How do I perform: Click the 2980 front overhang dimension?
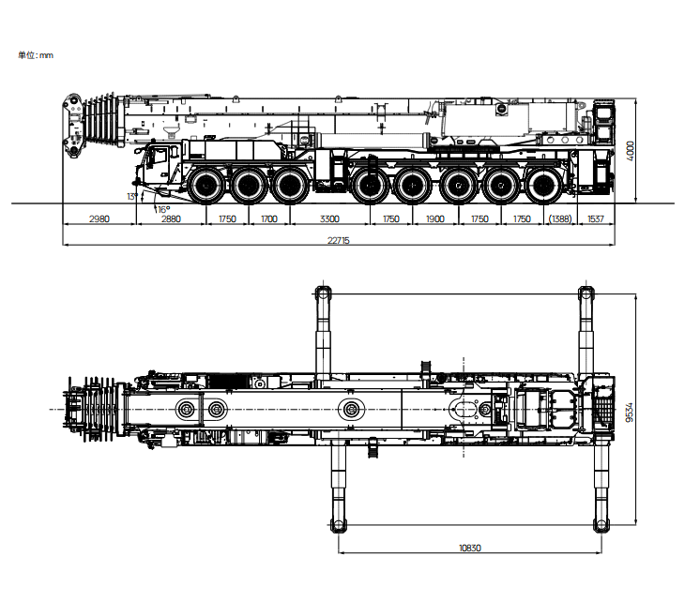pos(99,218)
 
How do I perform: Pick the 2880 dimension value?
pos(171,218)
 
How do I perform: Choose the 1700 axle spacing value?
pos(269,218)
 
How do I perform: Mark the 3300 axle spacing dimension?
pos(329,218)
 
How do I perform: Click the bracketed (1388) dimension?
pos(560,218)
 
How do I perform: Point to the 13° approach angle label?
pos(131,196)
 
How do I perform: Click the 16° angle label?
pos(162,209)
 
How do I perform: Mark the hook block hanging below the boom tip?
pos(70,147)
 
